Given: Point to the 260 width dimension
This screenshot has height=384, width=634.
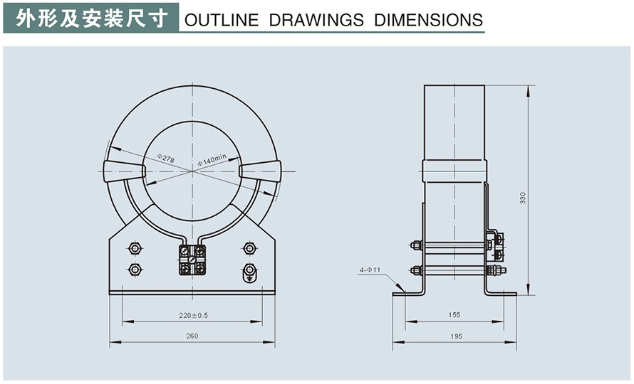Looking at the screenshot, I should [x=192, y=336].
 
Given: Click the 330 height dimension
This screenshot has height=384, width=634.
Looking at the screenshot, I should [x=522, y=198].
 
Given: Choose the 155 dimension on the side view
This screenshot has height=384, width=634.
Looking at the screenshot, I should [x=454, y=314].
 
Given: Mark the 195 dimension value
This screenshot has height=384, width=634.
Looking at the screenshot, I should [x=454, y=336].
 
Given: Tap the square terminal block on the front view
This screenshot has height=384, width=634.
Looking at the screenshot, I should [x=192, y=260].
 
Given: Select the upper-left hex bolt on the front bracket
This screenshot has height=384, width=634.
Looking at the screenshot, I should [x=134, y=248].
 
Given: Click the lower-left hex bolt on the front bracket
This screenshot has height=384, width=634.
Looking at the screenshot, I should [x=134, y=270].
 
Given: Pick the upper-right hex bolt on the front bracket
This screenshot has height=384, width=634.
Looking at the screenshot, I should [x=249, y=248].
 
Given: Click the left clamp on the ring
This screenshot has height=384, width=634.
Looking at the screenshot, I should [x=125, y=171].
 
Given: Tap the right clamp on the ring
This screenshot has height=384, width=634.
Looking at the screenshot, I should [x=259, y=171].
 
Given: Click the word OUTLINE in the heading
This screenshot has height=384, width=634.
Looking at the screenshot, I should [x=222, y=20].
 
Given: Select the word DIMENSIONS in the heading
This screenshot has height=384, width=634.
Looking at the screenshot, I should [x=429, y=20].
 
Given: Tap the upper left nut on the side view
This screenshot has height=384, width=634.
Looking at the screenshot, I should [x=416, y=245].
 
